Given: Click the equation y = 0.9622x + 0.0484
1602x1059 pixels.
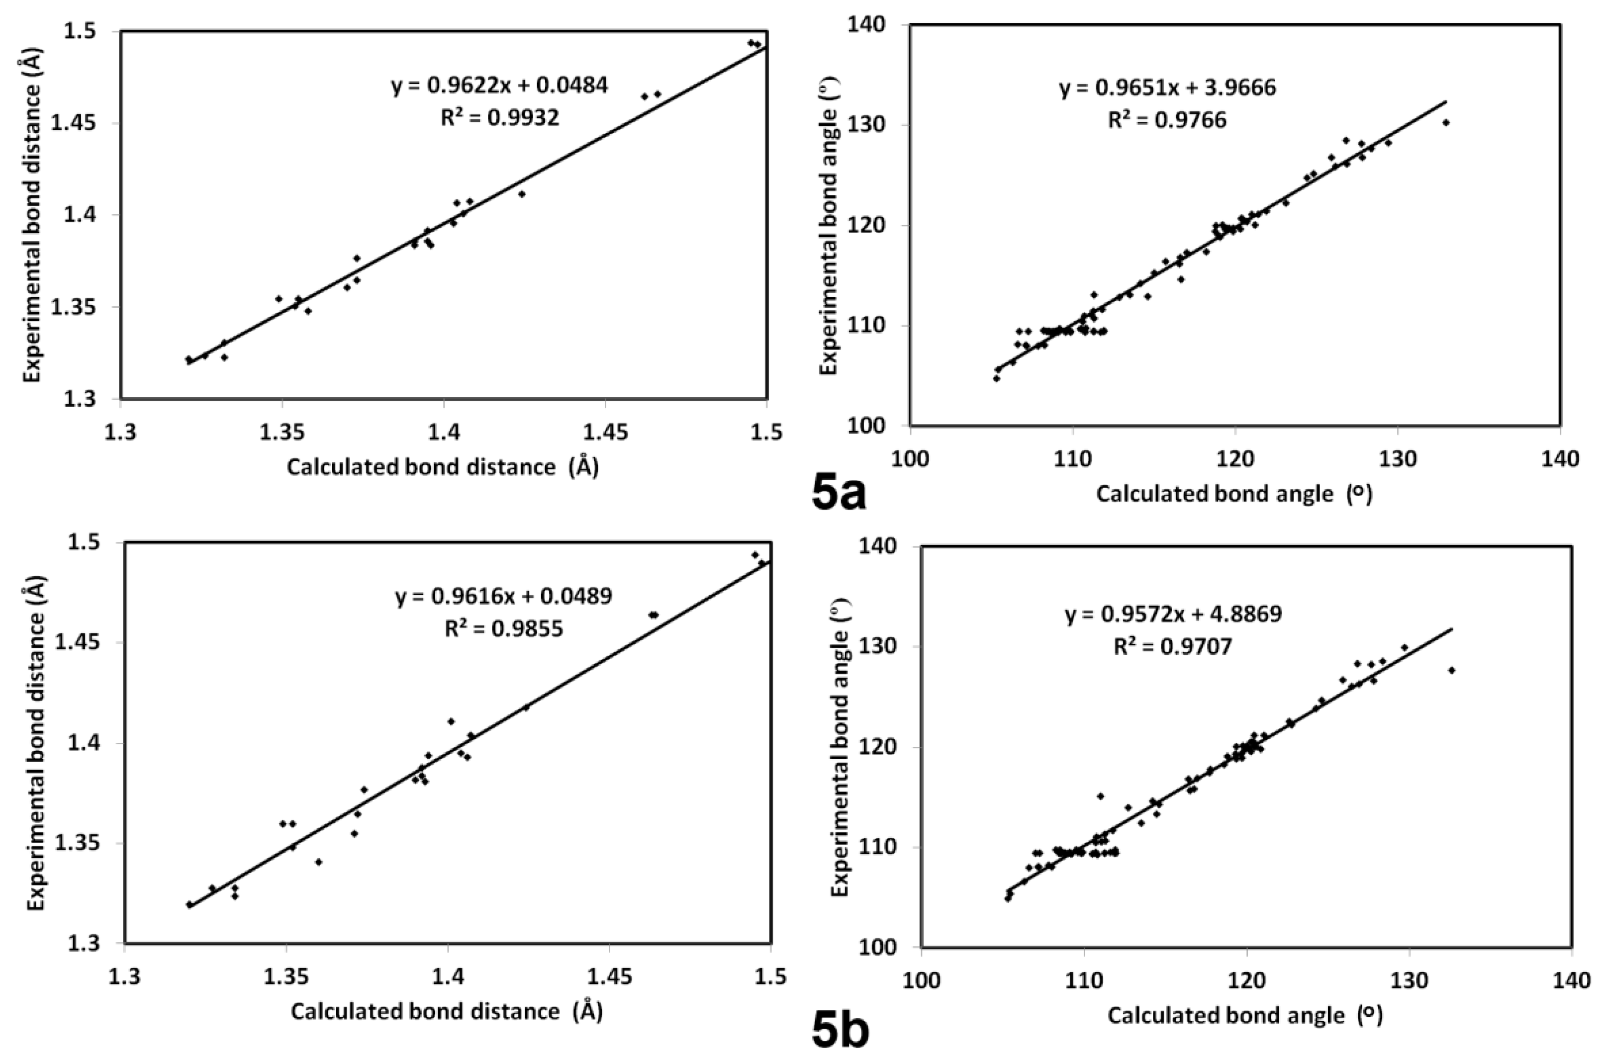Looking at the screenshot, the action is [x=499, y=85].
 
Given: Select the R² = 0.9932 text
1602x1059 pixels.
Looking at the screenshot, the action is [x=499, y=117].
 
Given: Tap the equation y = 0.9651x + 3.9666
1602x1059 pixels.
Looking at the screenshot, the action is [x=1167, y=88].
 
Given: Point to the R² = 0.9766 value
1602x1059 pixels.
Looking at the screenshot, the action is [x=1167, y=120].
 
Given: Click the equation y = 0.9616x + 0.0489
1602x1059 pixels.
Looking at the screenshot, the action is [x=503, y=596].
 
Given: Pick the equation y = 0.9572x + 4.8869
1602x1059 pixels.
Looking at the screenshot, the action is [x=1174, y=614].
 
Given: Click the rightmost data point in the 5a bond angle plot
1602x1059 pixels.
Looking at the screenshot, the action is [x=1446, y=122].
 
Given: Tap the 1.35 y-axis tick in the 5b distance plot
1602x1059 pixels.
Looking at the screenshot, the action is [x=85, y=844].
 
